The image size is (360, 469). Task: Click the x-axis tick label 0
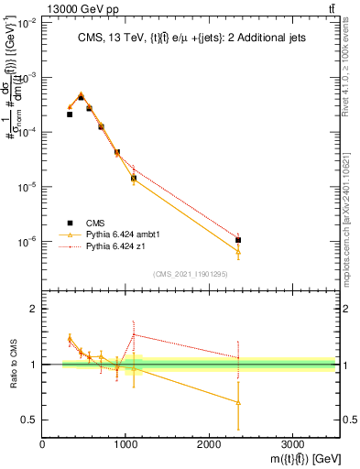(42, 444)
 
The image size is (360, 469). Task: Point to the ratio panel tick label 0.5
(27, 420)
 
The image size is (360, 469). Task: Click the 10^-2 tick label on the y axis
(26, 24)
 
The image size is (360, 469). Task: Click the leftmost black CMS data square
(70, 115)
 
